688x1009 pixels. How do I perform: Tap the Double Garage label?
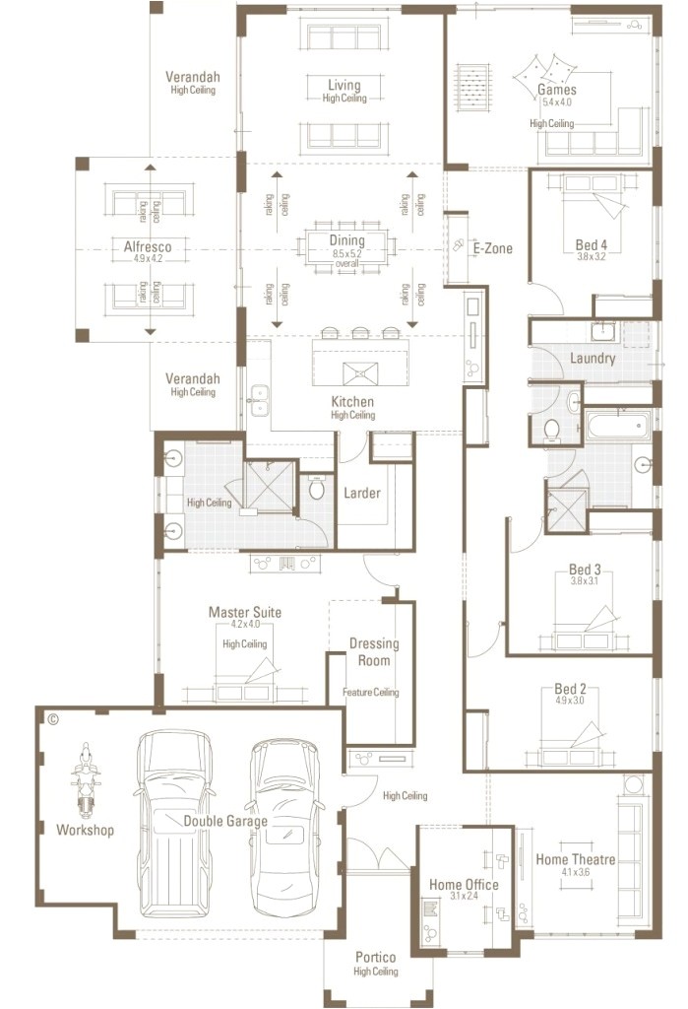tap(225, 820)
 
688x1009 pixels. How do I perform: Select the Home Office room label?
tap(464, 885)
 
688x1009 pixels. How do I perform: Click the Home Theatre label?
tap(575, 859)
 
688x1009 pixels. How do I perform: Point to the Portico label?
tap(375, 957)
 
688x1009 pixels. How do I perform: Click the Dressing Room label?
tap(374, 652)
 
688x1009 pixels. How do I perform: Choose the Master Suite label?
tap(244, 612)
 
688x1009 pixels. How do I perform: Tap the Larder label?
tap(361, 493)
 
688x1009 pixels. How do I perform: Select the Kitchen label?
tap(352, 402)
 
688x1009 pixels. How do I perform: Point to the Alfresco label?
tap(149, 247)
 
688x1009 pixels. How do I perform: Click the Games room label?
tap(556, 90)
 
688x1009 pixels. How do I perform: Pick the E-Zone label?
tap(492, 248)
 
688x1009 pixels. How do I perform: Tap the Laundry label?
tap(593, 358)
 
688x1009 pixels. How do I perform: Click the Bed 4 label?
tap(592, 244)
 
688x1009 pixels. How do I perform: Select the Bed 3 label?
tap(584, 570)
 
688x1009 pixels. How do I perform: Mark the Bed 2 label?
tap(570, 689)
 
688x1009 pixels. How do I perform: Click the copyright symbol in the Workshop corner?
tap(53, 719)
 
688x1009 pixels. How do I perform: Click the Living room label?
tap(344, 86)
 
